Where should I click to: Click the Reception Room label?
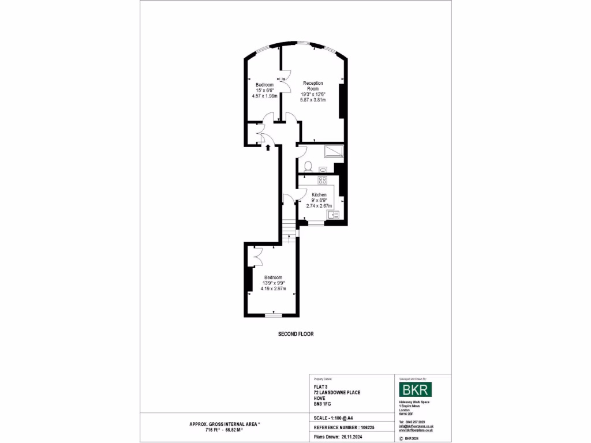point(313,86)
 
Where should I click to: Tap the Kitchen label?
point(319,195)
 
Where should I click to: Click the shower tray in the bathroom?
point(334,151)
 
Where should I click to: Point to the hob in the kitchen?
point(322,181)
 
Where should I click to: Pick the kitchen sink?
point(333,216)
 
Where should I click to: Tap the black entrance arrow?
point(268,148)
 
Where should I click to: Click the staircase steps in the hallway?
point(289,227)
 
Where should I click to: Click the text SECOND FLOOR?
point(295,334)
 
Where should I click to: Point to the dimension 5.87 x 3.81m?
point(313,100)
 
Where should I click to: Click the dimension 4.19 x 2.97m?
point(273,288)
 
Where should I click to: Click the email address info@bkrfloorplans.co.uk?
point(416,426)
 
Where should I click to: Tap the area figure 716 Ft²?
point(214,430)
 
